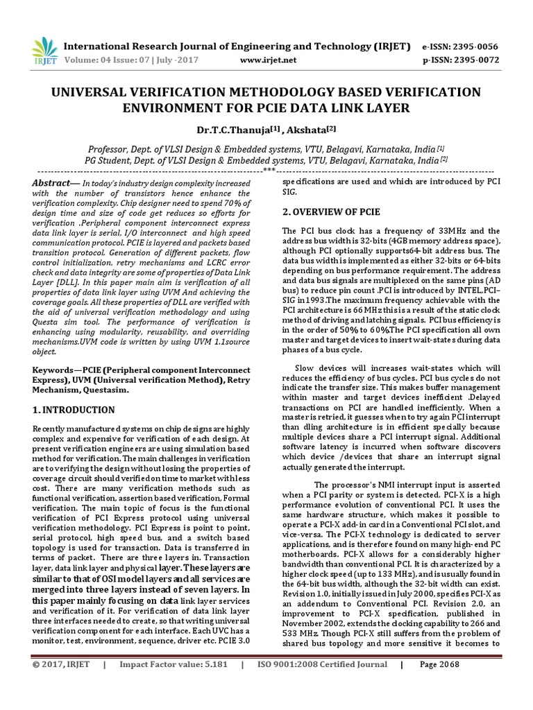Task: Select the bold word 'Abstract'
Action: [x=51, y=182]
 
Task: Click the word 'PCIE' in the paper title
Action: [x=320, y=108]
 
